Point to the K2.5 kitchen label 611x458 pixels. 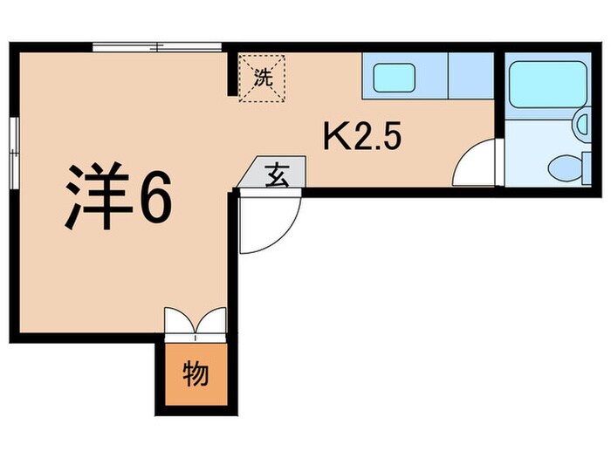coord(363,136)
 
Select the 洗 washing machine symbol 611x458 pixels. coord(262,77)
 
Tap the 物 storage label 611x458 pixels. coord(196,375)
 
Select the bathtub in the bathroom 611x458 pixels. coord(547,87)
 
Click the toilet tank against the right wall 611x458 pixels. coord(583,165)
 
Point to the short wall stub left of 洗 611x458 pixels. coord(232,74)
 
